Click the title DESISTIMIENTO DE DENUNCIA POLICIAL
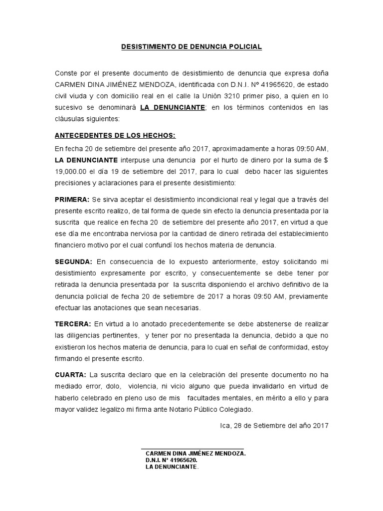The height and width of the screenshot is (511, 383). coord(191,47)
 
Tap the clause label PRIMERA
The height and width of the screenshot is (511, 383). coord(72,200)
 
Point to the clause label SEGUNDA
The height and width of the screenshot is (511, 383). coord(73,261)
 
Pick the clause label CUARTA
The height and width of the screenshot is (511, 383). coord(70,374)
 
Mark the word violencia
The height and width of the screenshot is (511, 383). coord(142,386)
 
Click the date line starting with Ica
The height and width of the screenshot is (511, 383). coord(274,426)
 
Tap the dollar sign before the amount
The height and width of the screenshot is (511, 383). coord(326,160)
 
